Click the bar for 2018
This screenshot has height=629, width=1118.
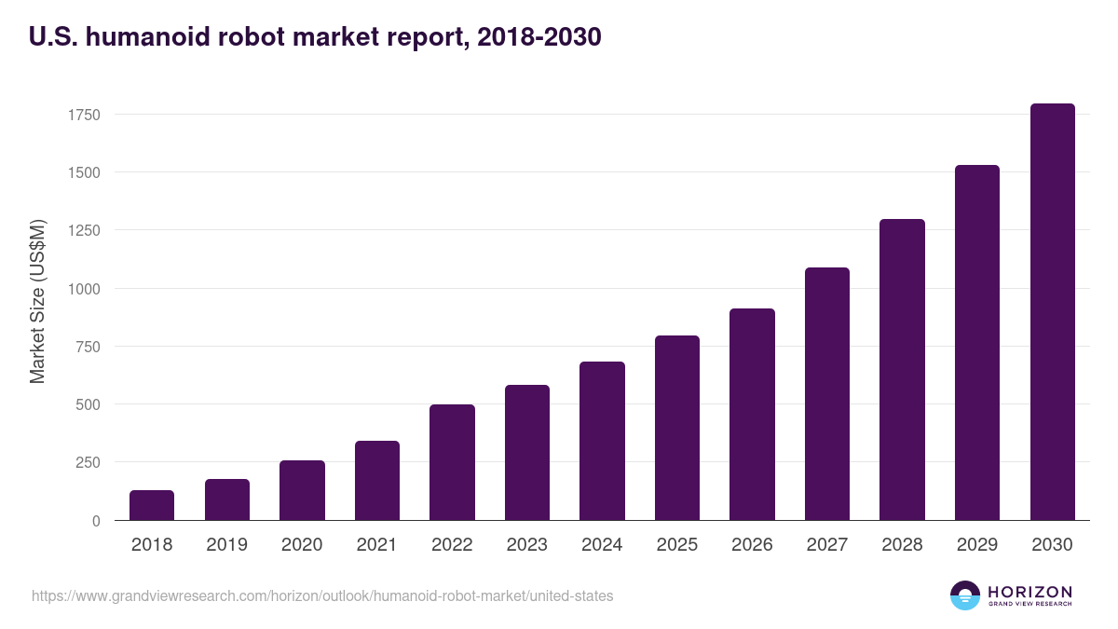[x=152, y=505]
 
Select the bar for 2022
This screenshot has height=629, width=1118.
[x=452, y=462]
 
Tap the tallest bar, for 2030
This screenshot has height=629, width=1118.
[x=1052, y=312]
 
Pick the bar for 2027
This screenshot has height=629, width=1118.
[x=827, y=394]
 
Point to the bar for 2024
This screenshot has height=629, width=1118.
[x=602, y=441]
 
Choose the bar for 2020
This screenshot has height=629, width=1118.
[x=302, y=490]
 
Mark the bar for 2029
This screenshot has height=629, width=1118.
[x=977, y=343]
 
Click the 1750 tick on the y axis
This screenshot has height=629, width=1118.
[x=84, y=115]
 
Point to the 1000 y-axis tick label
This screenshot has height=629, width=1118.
[x=84, y=289]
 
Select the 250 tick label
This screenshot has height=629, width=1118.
[x=88, y=462]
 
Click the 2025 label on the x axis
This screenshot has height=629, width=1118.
[x=677, y=545]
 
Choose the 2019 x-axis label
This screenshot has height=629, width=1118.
[x=226, y=545]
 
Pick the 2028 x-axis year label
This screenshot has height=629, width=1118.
[x=902, y=545]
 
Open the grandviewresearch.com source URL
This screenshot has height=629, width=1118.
[x=322, y=596]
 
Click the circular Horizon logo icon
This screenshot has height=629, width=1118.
[x=965, y=595]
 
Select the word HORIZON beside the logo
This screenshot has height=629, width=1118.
[x=1029, y=592]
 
